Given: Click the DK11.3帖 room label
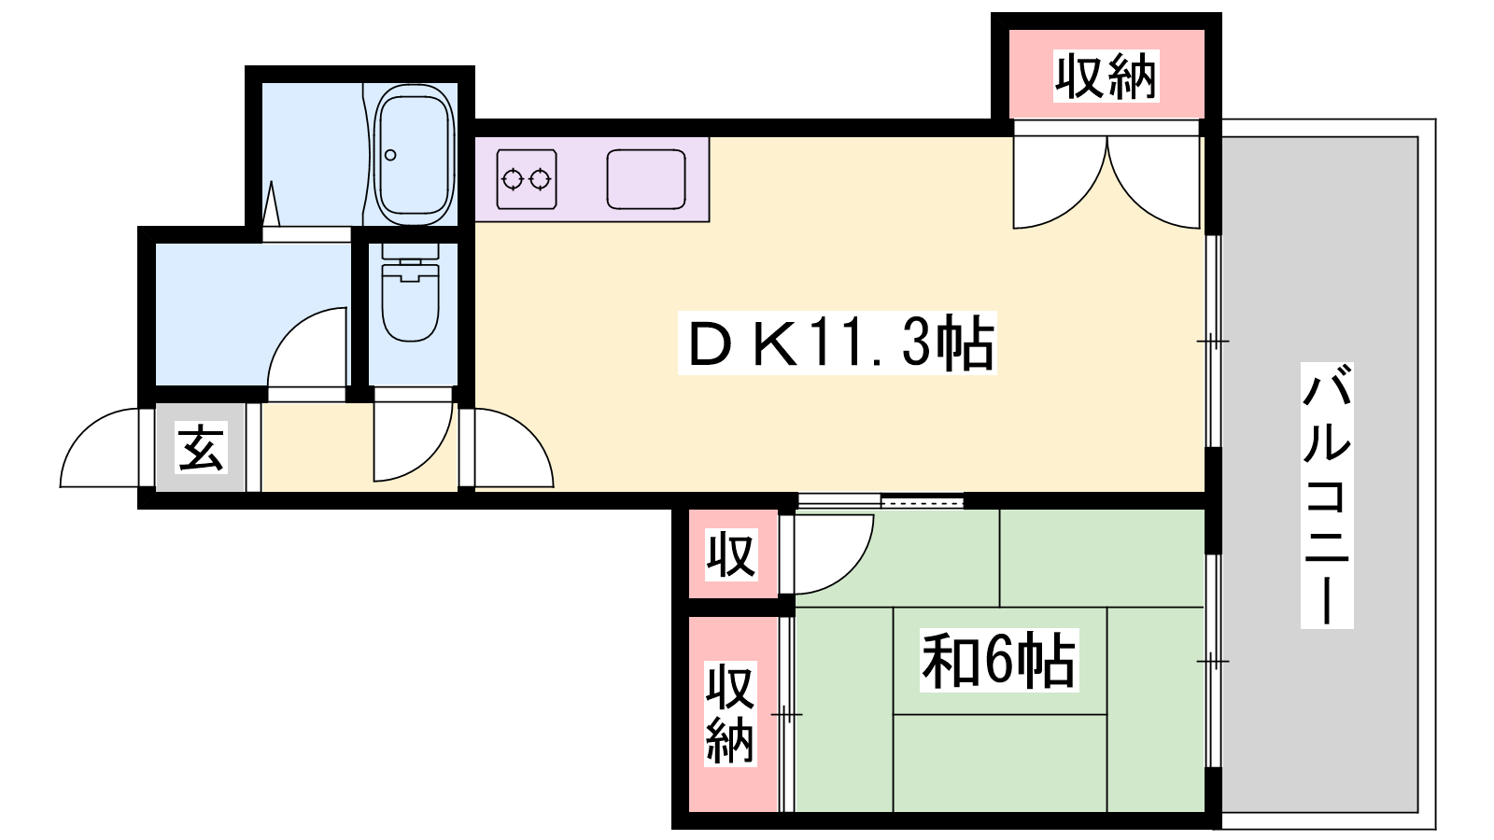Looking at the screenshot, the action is click(x=838, y=343).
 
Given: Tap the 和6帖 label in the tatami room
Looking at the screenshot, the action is click(x=998, y=660).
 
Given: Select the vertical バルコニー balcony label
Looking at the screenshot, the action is click(x=1327, y=496).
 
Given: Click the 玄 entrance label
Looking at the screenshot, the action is click(x=201, y=447).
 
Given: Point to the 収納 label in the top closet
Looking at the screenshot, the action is click(x=1106, y=77).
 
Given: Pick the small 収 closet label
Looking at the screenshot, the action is click(x=732, y=554).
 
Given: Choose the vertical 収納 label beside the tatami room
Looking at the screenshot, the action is click(x=730, y=713).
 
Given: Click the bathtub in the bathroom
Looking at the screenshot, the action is click(x=414, y=155).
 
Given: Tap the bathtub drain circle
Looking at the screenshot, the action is click(x=391, y=155).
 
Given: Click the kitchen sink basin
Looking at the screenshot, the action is click(x=645, y=179).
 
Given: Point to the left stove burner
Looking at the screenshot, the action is click(x=513, y=179).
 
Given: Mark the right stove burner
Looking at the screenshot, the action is click(x=540, y=179).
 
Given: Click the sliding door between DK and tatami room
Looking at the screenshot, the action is click(x=881, y=500).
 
